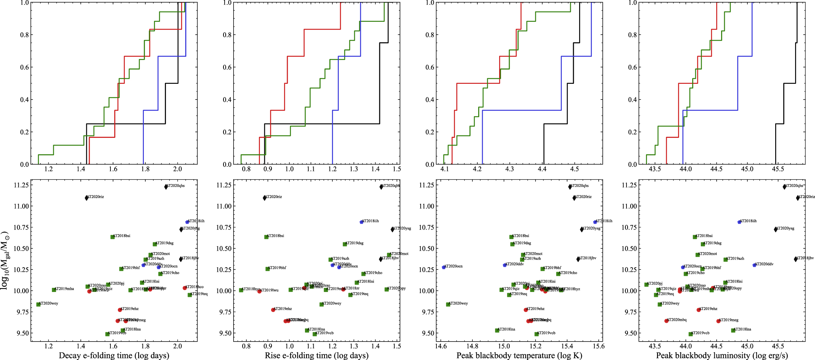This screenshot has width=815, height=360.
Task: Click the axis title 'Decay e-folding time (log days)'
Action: click(114, 355)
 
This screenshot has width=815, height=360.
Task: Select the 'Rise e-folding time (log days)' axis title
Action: click(317, 355)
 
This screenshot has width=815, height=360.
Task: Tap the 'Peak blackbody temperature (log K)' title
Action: click(519, 355)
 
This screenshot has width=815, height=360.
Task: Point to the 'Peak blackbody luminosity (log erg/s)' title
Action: click(722, 355)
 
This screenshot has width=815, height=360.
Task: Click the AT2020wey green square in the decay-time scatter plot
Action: click(38, 304)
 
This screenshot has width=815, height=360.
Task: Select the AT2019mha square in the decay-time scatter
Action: click(54, 290)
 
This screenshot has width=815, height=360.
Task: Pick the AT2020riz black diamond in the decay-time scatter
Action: click(86, 198)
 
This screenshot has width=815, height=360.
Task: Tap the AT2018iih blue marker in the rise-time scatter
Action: click(361, 222)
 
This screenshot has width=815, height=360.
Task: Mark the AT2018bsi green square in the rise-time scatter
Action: click(266, 237)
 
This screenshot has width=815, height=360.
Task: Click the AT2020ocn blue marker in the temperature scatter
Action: click(444, 267)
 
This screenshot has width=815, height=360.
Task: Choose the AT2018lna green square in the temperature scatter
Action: click(497, 330)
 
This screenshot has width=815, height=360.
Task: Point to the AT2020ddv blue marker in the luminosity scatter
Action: click(754, 265)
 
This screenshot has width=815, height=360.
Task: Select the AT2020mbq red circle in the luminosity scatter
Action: click(666, 321)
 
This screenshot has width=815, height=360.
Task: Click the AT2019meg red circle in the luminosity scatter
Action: click(718, 321)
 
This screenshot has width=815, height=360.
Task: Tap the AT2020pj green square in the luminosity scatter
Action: click(646, 284)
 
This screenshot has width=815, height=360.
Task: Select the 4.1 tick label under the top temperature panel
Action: click(445, 169)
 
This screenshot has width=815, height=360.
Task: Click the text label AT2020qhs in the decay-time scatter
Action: click(175, 186)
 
